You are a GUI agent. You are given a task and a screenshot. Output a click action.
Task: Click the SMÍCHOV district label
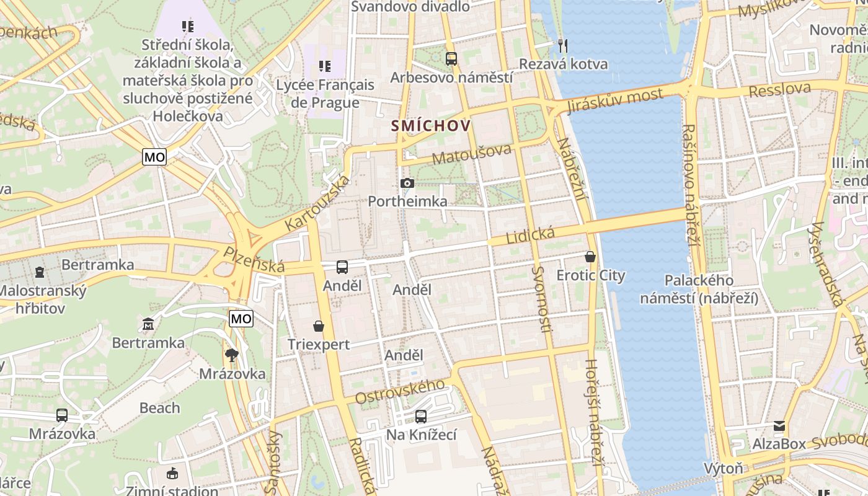[430, 126]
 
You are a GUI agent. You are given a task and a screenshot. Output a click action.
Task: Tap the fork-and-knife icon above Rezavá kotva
[563, 45]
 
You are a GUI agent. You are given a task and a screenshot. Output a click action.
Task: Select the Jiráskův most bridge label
[614, 101]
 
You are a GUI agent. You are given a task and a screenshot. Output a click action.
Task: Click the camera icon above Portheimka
[407, 183]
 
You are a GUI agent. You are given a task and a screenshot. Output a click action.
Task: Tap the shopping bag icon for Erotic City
[590, 257]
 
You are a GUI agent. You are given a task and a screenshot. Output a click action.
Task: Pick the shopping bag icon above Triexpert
[319, 326]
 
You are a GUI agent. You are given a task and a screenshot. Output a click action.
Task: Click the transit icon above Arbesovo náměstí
[451, 59]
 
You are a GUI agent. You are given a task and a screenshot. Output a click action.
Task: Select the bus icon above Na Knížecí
[421, 416]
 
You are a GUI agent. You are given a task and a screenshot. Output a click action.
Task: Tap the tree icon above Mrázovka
[232, 355]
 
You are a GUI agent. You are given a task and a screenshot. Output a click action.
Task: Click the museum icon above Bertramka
[148, 324]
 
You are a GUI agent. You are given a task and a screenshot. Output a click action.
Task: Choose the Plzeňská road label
[254, 260]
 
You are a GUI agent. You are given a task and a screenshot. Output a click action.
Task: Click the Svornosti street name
[540, 299]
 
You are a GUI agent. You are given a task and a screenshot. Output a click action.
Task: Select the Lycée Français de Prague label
[325, 94]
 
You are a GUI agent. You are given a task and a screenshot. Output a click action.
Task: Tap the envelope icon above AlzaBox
[779, 426]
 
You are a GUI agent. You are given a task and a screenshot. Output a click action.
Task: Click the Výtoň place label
[723, 468]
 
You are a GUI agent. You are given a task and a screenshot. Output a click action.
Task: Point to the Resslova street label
[779, 90]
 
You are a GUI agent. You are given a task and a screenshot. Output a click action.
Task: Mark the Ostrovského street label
[401, 392]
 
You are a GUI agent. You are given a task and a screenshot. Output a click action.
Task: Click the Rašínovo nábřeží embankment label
[689, 184]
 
